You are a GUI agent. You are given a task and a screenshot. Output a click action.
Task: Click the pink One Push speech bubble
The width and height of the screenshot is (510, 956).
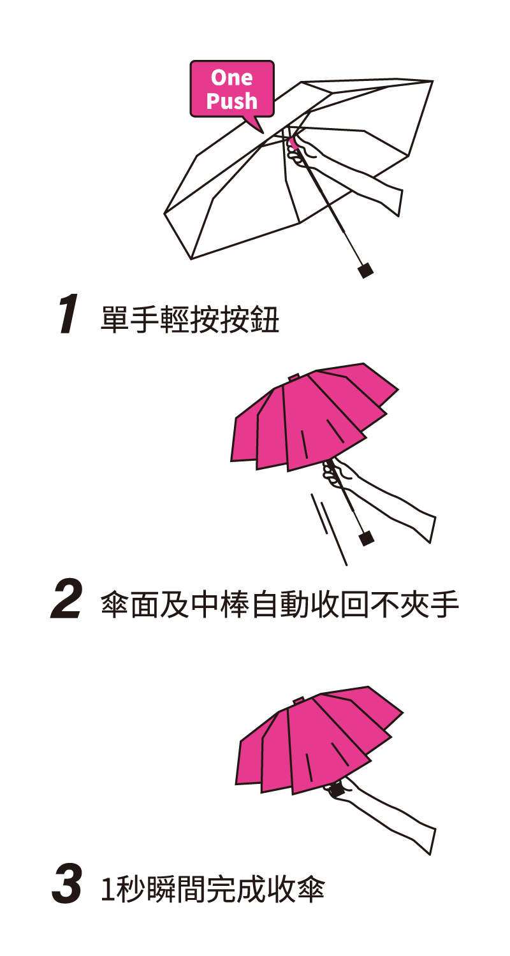(x=232, y=89)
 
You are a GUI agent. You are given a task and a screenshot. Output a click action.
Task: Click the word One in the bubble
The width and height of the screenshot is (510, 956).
(x=232, y=78)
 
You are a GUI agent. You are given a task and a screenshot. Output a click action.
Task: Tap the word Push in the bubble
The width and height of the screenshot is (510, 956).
(x=232, y=101)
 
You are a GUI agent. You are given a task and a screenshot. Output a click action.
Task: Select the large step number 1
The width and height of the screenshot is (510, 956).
(x=68, y=315)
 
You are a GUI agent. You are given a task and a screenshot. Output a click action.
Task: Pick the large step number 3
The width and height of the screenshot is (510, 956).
(x=66, y=885)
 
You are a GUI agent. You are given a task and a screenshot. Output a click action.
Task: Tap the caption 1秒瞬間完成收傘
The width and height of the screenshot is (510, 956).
(x=213, y=889)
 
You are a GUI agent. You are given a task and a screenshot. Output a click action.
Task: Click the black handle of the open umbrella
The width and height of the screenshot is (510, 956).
(x=366, y=270)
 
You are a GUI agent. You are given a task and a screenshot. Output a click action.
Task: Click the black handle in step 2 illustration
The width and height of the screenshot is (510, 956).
(x=367, y=539)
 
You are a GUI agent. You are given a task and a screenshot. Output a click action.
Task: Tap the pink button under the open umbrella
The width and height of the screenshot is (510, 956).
(x=293, y=141)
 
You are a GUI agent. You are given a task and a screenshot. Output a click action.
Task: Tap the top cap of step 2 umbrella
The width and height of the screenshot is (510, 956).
(x=294, y=378)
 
